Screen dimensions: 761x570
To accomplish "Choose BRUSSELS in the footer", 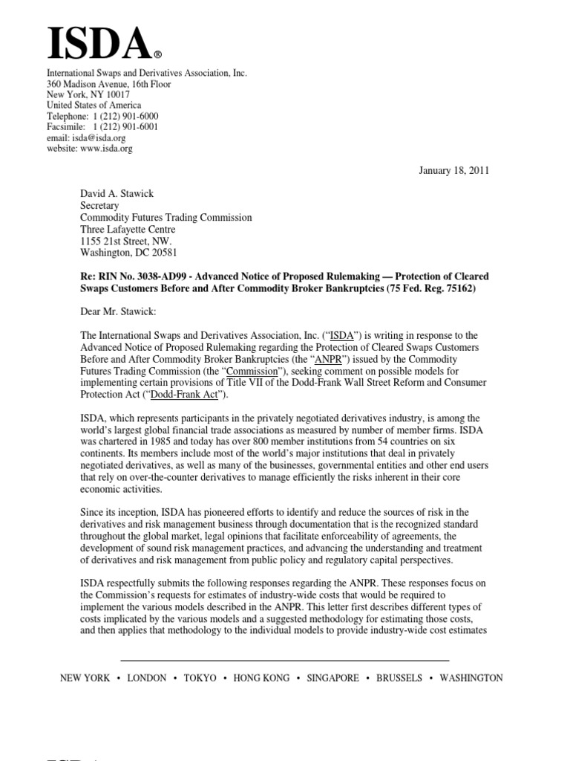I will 399,678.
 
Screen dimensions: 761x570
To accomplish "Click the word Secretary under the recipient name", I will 100,206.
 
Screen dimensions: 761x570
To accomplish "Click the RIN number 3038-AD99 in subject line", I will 153,276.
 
